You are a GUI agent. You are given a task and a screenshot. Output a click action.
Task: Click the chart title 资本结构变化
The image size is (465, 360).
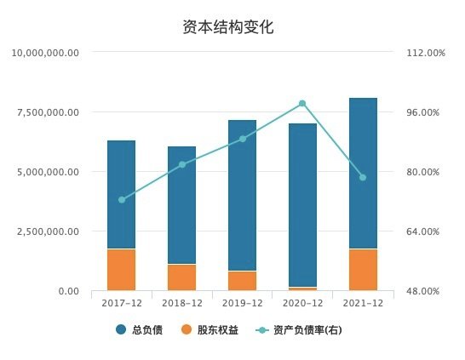[227, 27]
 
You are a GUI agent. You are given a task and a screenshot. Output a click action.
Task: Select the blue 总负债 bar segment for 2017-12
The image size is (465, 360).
[121, 194]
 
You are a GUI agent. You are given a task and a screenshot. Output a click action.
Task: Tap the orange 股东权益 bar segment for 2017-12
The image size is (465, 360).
[121, 270]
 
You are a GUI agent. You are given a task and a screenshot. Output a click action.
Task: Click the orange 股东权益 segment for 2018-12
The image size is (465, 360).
[181, 277]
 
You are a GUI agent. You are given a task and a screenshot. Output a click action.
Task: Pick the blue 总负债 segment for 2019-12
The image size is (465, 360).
[242, 195]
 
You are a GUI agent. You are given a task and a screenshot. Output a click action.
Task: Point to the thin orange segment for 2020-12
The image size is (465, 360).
[303, 289]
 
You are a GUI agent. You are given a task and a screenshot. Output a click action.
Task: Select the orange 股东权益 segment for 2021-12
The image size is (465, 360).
[364, 270]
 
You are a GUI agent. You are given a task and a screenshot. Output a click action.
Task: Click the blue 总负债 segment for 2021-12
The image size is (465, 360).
[364, 173]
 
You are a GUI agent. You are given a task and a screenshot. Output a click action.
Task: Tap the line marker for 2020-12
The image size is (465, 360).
[302, 104]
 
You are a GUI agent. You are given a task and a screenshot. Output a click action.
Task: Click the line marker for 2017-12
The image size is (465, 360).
[122, 200]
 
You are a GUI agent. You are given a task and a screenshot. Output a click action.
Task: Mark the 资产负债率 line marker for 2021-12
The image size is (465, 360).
[363, 178]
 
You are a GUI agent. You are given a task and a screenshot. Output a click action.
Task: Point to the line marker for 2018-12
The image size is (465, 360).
[182, 164]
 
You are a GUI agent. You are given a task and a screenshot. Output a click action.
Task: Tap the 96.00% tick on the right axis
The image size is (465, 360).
[422, 112]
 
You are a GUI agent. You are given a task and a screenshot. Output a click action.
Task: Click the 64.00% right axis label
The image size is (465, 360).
[422, 231]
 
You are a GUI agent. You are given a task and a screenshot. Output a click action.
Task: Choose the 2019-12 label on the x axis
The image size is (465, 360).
[242, 303]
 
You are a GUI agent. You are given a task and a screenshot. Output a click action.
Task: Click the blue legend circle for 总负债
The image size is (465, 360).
[121, 329]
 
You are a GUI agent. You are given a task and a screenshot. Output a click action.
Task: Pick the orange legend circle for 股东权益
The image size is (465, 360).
[187, 329]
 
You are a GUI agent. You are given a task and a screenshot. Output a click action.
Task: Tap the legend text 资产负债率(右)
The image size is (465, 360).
[307, 329]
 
